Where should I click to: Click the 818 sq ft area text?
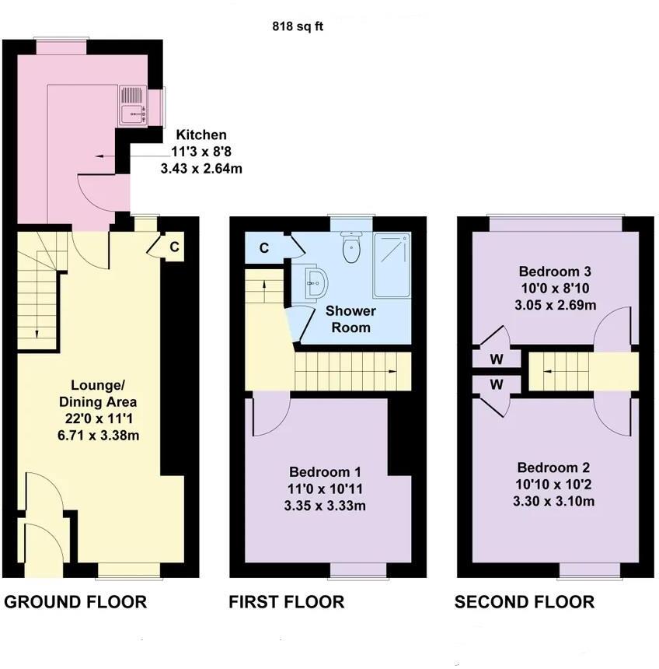297,26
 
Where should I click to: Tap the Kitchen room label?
200,135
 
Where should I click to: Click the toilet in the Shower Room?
352,248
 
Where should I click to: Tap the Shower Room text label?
350,319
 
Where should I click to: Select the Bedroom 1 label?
325,472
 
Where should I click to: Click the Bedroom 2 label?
554,468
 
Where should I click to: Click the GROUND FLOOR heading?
75,601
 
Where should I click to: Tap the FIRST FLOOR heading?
286,601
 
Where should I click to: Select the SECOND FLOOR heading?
525,601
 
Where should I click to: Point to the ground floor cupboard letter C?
175,247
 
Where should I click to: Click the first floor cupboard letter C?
264,248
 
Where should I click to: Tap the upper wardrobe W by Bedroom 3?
497,359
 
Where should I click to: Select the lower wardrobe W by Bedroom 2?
497,384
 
